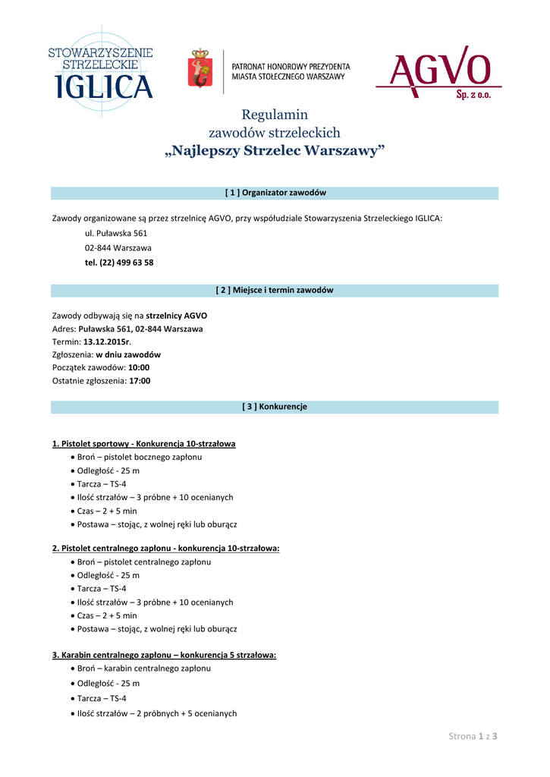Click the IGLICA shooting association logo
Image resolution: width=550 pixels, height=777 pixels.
(x=100, y=73)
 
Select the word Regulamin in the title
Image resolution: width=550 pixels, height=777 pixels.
(x=275, y=115)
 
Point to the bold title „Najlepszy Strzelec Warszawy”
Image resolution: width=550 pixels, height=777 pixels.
(x=275, y=151)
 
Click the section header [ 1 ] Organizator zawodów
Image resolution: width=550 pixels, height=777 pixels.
(x=275, y=193)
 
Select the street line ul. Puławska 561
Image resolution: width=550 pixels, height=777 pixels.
(x=116, y=234)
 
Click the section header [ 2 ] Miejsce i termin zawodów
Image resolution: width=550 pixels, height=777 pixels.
(x=275, y=290)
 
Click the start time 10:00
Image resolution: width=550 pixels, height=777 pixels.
(x=139, y=367)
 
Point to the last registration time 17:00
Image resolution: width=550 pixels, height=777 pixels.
(x=140, y=381)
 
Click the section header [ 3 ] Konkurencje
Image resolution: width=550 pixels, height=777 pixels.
(x=275, y=407)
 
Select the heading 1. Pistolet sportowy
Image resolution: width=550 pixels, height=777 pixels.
(x=143, y=443)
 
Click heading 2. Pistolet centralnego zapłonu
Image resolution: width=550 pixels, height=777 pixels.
(x=165, y=548)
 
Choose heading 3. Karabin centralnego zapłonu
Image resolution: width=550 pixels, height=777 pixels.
(x=164, y=654)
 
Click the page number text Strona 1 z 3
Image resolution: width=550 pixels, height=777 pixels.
(x=476, y=736)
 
